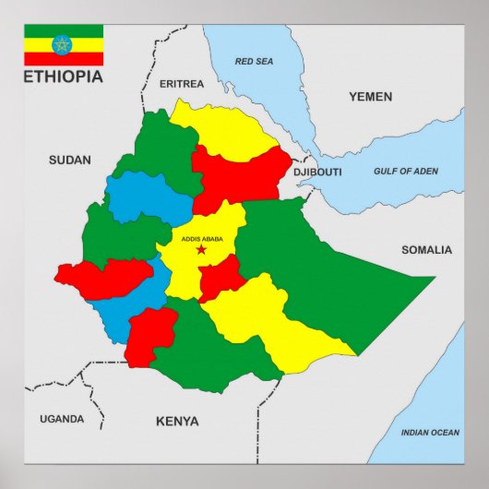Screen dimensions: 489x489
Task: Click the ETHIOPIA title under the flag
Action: point(64,77)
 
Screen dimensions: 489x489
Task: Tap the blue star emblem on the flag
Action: point(64,44)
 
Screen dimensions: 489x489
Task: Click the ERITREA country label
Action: point(182,84)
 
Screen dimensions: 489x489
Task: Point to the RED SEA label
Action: point(254,62)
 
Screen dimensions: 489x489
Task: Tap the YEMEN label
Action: point(370,97)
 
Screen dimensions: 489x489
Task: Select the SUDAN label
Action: point(70,161)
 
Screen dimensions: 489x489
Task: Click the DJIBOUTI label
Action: point(317,173)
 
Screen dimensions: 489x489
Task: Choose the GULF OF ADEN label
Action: point(406,172)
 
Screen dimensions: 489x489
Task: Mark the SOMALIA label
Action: point(426,250)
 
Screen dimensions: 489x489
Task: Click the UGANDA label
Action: point(62,419)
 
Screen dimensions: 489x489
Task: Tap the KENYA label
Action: point(177,422)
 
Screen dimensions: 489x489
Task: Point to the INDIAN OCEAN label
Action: point(429,433)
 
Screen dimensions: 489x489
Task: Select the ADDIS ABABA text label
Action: point(201,239)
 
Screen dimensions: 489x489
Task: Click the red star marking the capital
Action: point(201,250)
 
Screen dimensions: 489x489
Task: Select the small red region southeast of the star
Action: point(221,277)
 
